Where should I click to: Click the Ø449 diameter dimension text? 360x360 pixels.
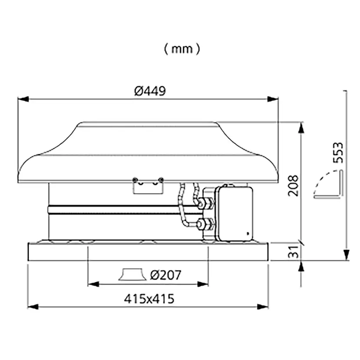[x=150, y=91]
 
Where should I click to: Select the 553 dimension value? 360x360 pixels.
[x=338, y=153]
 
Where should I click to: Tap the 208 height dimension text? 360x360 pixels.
[x=293, y=186]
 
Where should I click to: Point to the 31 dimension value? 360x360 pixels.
[x=293, y=252]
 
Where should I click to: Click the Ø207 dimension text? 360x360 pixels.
[x=166, y=275]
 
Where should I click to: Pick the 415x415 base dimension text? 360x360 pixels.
[x=149, y=299]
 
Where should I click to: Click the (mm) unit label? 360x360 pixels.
[x=182, y=49]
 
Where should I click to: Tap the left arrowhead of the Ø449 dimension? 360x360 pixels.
[x=23, y=99]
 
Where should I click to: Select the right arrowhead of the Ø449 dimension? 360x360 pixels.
[x=273, y=99]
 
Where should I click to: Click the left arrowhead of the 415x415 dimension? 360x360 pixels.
[x=33, y=307]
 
